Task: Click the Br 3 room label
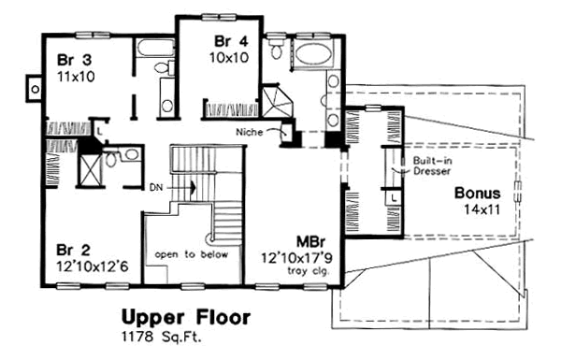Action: click(x=74, y=60)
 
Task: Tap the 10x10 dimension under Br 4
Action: click(x=229, y=58)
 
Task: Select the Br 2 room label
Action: click(x=73, y=251)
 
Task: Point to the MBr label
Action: click(x=311, y=242)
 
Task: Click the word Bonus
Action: click(x=477, y=194)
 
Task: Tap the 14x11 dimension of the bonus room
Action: click(x=482, y=209)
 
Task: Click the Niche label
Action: click(x=250, y=133)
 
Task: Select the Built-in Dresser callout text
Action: click(x=432, y=166)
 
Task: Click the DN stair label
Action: click(x=156, y=187)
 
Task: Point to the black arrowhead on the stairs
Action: click(x=194, y=187)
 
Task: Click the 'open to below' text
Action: click(x=192, y=254)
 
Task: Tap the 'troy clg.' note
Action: click(x=309, y=271)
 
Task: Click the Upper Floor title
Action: click(x=186, y=318)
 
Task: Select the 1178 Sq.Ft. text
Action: click(x=162, y=338)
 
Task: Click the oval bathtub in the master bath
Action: click(x=314, y=54)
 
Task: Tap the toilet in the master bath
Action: click(x=276, y=49)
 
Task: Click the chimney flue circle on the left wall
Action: click(x=36, y=89)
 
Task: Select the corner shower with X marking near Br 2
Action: click(x=89, y=169)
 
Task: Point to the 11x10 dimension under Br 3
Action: click(x=77, y=77)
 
